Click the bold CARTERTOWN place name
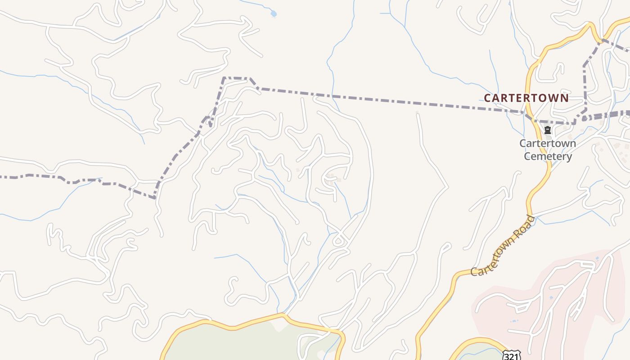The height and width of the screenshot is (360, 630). click(x=526, y=98)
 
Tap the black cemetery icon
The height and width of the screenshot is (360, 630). click(x=548, y=130)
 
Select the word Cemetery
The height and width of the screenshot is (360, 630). click(x=548, y=157)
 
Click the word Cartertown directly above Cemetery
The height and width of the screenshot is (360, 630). click(x=548, y=144)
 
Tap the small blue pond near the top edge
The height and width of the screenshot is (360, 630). click(x=274, y=14)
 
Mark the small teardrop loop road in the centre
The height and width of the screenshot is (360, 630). click(x=338, y=241)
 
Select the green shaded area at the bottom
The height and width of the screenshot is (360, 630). click(x=243, y=344)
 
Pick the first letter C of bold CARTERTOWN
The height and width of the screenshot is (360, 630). click(x=487, y=98)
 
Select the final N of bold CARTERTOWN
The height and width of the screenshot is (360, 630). click(x=565, y=98)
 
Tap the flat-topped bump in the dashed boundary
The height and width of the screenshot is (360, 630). click(x=236, y=78)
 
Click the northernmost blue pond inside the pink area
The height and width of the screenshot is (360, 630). click(x=597, y=259)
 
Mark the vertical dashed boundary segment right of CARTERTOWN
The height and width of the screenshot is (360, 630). click(x=585, y=88)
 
